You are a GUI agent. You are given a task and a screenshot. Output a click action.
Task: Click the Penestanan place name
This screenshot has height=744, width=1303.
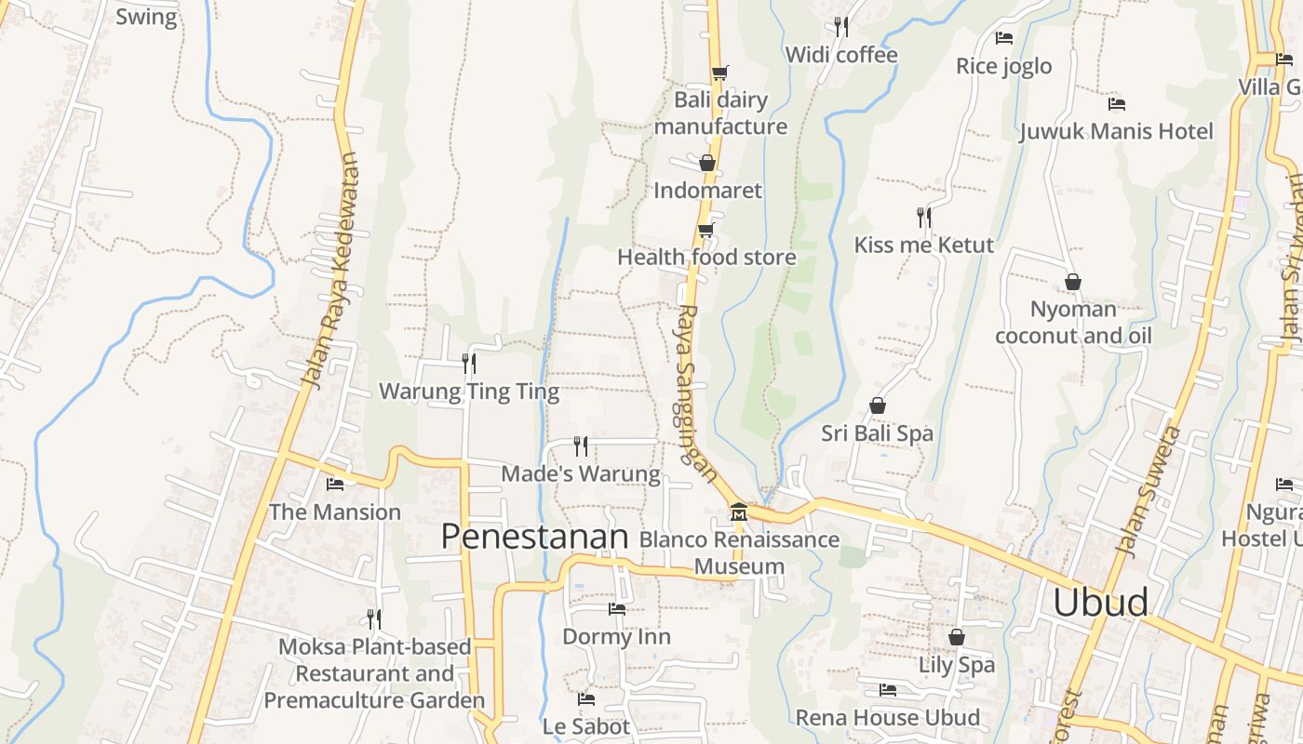(534, 537)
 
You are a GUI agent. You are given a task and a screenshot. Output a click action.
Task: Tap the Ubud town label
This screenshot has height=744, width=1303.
(1100, 603)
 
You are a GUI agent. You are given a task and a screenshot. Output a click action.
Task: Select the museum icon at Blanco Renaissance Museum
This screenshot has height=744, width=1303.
(739, 512)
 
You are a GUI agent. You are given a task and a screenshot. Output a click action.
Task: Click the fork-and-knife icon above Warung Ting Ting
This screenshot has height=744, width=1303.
(469, 363)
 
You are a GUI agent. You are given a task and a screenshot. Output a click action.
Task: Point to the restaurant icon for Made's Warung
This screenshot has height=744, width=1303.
(581, 446)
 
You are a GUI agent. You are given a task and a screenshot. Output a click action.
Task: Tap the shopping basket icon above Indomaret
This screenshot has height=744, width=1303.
(707, 163)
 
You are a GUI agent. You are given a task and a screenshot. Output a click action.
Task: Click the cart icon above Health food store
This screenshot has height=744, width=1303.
(706, 230)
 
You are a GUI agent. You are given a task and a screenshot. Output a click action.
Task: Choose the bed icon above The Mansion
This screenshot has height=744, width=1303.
(335, 484)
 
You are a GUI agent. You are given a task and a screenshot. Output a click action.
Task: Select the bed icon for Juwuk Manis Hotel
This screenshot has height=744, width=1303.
(1117, 103)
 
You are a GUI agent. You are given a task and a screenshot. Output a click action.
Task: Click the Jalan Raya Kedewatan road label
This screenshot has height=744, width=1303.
(330, 270)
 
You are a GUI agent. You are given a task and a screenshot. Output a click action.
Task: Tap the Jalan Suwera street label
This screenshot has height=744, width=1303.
(1147, 493)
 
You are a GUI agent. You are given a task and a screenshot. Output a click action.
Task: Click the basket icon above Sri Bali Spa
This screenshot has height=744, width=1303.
(877, 405)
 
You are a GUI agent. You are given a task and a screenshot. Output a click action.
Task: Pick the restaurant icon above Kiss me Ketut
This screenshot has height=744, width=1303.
(924, 218)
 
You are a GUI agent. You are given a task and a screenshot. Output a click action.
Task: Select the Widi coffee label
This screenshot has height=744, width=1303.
(841, 55)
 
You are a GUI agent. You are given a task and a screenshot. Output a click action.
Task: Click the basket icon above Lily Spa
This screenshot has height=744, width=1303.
(957, 637)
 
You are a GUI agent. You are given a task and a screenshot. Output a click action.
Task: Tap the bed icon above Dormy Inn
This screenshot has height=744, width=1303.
(617, 609)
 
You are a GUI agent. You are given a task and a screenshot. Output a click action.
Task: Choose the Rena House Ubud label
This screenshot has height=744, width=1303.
(887, 718)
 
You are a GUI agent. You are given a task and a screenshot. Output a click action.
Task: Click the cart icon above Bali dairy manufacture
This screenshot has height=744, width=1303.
(719, 72)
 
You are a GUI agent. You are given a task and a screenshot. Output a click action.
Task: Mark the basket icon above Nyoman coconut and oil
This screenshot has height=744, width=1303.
(1073, 281)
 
